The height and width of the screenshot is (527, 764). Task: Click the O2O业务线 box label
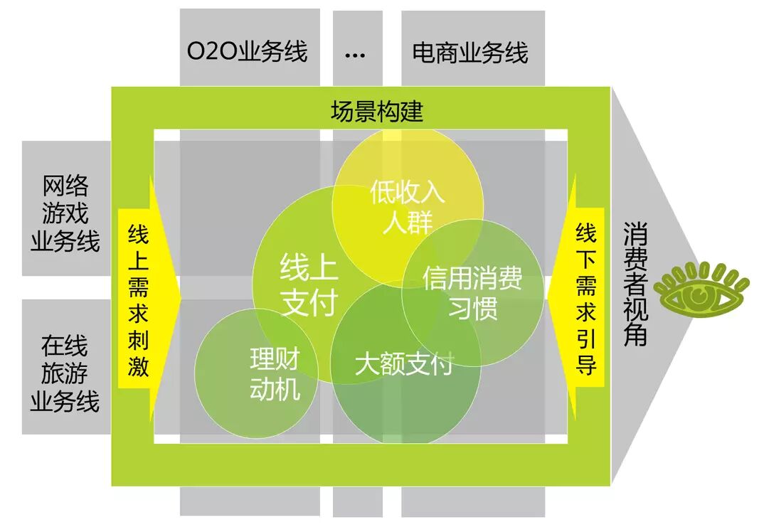coord(248,52)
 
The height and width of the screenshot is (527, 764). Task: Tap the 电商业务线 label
coord(470,52)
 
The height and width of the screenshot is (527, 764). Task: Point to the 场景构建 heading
coord(377,111)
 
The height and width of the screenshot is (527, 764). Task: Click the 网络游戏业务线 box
coord(65,214)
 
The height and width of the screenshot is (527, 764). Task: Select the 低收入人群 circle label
coord(408,207)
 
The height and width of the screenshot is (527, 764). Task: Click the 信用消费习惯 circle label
coord(472,292)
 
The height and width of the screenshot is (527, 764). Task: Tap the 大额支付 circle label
coord(403,365)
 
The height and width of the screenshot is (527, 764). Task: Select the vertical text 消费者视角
coord(635,284)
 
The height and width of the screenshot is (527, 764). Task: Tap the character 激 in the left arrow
coord(138,366)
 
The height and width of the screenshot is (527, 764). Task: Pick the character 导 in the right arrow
coord(586,366)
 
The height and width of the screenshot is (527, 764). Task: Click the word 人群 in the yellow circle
coord(407,223)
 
